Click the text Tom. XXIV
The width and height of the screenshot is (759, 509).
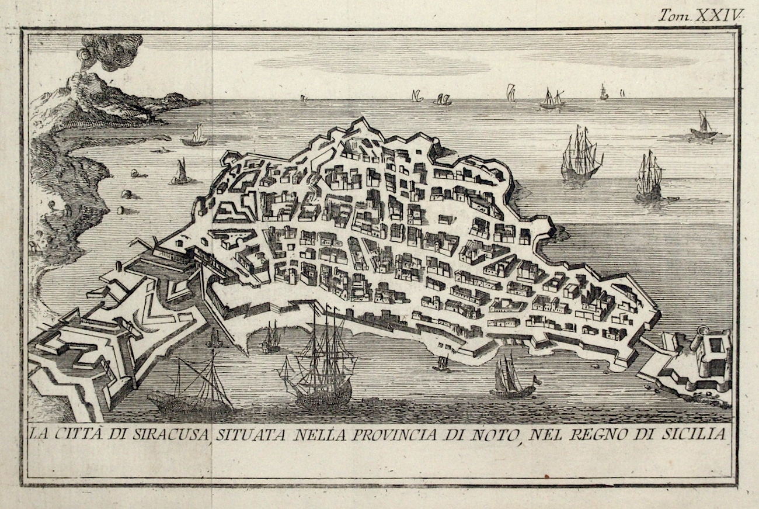click(x=699, y=15)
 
